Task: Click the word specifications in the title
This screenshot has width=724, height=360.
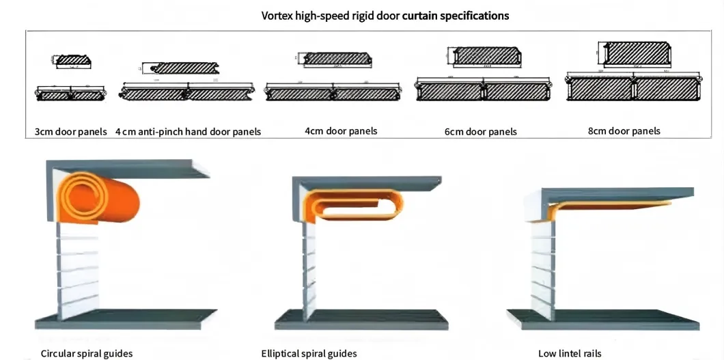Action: (x=472, y=15)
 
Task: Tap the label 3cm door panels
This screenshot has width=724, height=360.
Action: (x=70, y=131)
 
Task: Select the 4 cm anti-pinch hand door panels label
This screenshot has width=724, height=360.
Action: (x=188, y=131)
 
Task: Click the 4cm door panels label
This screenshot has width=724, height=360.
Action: (x=341, y=130)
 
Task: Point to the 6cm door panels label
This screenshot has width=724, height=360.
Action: (x=480, y=131)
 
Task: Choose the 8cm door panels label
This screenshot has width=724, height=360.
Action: (x=624, y=130)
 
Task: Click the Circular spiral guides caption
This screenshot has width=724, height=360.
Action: (x=87, y=353)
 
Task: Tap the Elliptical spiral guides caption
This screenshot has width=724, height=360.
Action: (x=309, y=353)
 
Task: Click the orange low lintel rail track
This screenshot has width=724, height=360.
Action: (x=615, y=204)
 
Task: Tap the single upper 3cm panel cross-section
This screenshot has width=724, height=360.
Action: (x=72, y=61)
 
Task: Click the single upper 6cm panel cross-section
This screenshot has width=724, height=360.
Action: (x=486, y=56)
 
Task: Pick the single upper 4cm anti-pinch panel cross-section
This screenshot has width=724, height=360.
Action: (x=184, y=68)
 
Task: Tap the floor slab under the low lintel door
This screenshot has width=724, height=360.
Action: (x=601, y=318)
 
